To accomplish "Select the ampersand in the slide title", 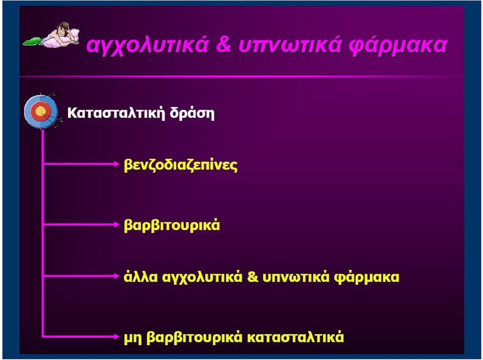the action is point(223,44).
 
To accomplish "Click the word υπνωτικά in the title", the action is point(290,45).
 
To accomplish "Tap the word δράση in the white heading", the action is point(192,113).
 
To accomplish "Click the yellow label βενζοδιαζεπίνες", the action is point(181,165).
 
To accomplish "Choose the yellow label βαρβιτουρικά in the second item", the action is point(172,225).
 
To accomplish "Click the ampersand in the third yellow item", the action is point(253,277).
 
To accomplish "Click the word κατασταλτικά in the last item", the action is point(295,337).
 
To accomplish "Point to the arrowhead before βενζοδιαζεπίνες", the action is point(116,164).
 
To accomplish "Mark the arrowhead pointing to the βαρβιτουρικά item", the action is point(116,225).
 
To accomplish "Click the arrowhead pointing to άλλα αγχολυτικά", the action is point(116,276).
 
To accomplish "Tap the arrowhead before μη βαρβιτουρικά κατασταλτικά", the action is point(116,336).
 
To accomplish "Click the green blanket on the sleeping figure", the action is point(33,41).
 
